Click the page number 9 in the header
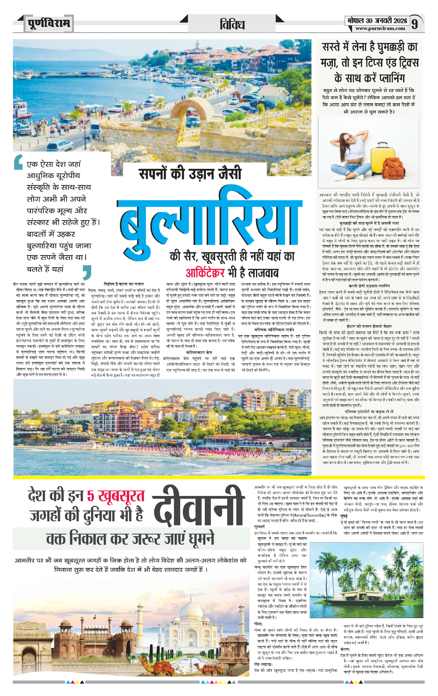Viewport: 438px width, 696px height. [x=415, y=23]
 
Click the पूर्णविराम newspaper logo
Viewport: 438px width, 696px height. [x=49, y=23]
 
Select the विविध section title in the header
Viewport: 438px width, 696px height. [x=232, y=24]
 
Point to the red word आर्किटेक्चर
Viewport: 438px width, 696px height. [x=205, y=273]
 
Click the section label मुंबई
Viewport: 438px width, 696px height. [x=344, y=516]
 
